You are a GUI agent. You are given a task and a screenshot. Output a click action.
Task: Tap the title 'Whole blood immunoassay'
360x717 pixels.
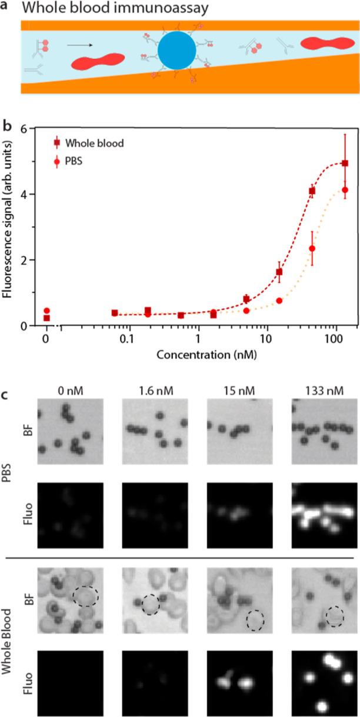point(103,8)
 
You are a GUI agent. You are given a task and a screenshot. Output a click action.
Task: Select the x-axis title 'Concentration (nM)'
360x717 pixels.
point(197,356)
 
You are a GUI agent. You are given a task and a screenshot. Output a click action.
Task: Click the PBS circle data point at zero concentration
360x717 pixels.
point(46,311)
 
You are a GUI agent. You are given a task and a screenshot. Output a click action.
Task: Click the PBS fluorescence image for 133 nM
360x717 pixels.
point(324,515)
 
